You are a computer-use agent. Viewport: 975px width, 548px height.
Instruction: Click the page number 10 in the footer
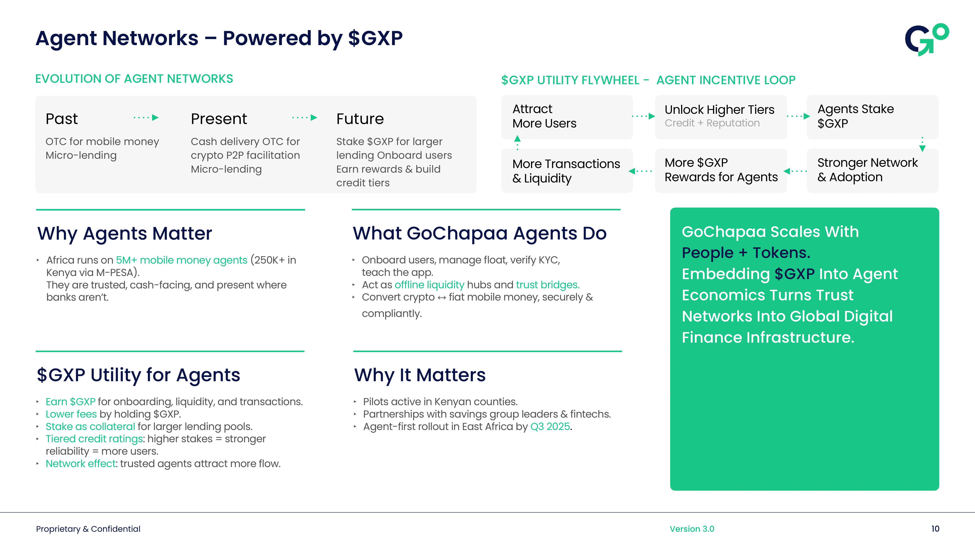pyautogui.click(x=935, y=529)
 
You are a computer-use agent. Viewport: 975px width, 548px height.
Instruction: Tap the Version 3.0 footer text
pyautogui.click(x=691, y=529)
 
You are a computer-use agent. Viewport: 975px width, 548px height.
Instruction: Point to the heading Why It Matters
pyautogui.click(x=420, y=375)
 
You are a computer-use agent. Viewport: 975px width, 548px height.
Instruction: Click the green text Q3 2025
pyautogui.click(x=550, y=427)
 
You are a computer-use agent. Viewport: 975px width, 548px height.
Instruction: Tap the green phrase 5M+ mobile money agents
pyautogui.click(x=181, y=260)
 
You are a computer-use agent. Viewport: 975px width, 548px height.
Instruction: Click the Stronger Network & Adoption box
pyautogui.click(x=872, y=170)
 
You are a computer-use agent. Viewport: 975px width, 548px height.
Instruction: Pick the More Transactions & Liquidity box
pyautogui.click(x=567, y=171)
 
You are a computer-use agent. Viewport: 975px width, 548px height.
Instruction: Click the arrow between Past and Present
pyautogui.click(x=146, y=118)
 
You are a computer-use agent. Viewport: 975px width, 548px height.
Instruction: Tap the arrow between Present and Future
pyautogui.click(x=305, y=118)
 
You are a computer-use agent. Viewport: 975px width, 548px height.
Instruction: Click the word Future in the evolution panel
pyautogui.click(x=360, y=119)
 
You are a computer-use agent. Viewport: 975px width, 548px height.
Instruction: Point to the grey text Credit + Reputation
pyautogui.click(x=712, y=123)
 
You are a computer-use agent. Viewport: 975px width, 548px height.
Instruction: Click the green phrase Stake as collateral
pyautogui.click(x=90, y=427)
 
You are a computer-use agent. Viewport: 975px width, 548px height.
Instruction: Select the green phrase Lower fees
pyautogui.click(x=71, y=414)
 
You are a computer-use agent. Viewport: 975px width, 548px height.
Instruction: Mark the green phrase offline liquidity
pyautogui.click(x=429, y=285)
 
